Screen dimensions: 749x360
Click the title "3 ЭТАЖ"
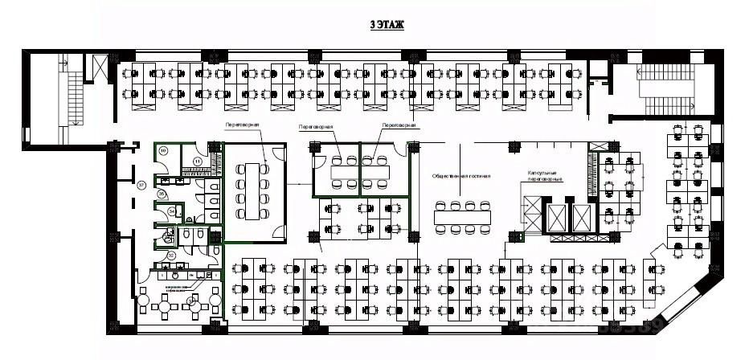coord(387,26)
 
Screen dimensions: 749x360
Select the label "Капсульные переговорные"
coord(545,176)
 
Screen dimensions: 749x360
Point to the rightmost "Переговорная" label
coord(399,126)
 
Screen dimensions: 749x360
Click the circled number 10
coord(163,150)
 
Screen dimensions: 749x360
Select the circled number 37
coord(141,186)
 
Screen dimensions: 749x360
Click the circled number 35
coord(162,194)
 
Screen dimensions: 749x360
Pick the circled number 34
coord(173,212)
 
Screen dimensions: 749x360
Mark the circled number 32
coord(171,256)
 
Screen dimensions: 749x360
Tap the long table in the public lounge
coord(461,217)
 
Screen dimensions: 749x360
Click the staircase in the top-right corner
coord(663,88)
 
